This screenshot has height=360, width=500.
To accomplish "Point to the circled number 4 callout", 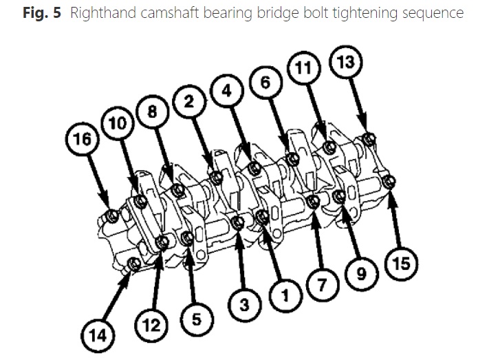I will point(227,91).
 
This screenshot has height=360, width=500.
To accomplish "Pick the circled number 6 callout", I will point(266,81).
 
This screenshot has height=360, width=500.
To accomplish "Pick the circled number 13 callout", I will point(346,63).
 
